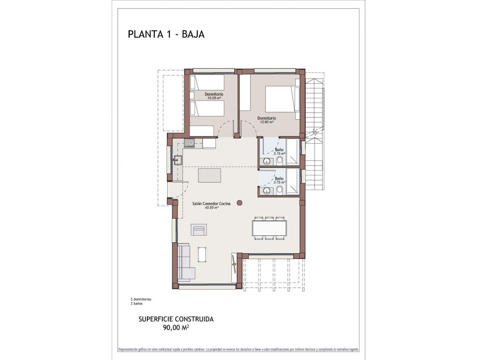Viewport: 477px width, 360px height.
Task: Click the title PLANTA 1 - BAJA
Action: (166, 34)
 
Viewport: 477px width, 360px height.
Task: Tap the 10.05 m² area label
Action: (214, 98)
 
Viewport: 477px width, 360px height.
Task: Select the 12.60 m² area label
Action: (267, 122)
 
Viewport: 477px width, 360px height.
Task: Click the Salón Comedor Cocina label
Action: (211, 203)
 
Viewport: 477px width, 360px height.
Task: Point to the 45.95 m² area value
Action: (211, 208)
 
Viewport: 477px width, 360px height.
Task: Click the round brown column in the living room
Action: (240, 203)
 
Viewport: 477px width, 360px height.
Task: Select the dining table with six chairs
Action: (269, 228)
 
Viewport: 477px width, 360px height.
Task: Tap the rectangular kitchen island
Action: (209, 175)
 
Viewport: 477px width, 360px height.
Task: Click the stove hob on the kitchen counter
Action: (189, 143)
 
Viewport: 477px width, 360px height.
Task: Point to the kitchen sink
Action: (177, 159)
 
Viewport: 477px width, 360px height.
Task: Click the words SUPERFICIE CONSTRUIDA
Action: (176, 319)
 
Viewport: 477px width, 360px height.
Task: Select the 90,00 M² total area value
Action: (176, 327)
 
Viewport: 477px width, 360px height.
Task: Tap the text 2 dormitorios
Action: (141, 299)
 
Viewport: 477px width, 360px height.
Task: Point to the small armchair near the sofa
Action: (199, 230)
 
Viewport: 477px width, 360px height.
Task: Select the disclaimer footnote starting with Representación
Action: (238, 349)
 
